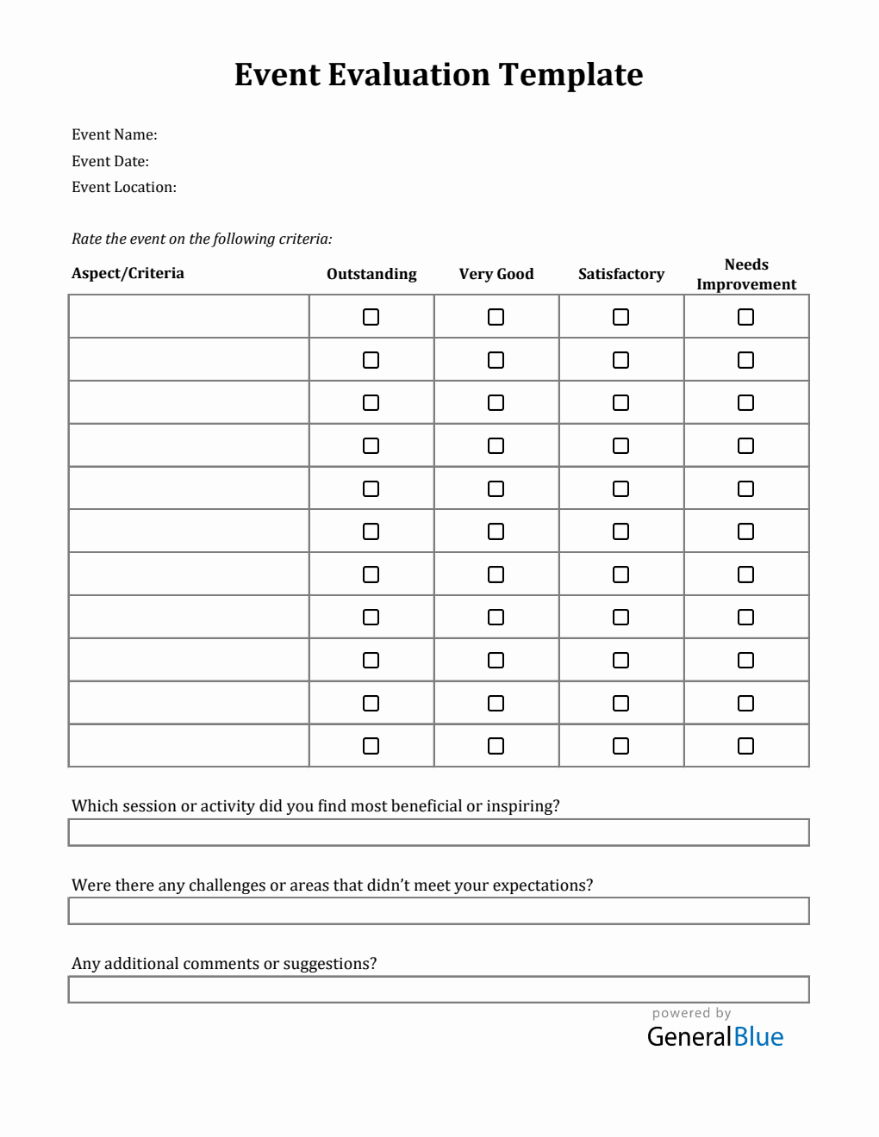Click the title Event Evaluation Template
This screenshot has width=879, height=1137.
[x=439, y=75]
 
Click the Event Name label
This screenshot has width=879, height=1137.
[x=114, y=134]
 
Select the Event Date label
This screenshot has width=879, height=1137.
[x=109, y=161]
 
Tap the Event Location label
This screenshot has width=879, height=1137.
[x=123, y=187]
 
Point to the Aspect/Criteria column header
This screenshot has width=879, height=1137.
[x=128, y=273]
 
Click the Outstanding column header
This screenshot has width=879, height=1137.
[x=371, y=274]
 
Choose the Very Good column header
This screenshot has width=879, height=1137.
[x=496, y=274]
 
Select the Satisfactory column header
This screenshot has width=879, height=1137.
[x=620, y=274]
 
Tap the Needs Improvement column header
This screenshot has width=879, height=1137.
[x=746, y=274]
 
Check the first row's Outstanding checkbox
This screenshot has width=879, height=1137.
[x=371, y=317]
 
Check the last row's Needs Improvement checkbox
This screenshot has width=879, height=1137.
[x=745, y=746]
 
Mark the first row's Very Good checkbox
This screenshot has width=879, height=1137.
[x=496, y=317]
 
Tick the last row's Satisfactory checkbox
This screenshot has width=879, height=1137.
[x=620, y=746]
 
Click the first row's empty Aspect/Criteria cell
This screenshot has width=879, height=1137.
[x=189, y=316]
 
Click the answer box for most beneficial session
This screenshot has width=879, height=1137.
[x=439, y=832]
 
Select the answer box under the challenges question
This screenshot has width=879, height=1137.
[x=439, y=910]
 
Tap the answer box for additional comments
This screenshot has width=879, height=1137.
[x=439, y=989]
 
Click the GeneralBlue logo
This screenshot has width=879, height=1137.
[x=714, y=1036]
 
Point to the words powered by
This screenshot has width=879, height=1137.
[x=691, y=1013]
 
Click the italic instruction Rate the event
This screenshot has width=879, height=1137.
[x=202, y=239]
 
